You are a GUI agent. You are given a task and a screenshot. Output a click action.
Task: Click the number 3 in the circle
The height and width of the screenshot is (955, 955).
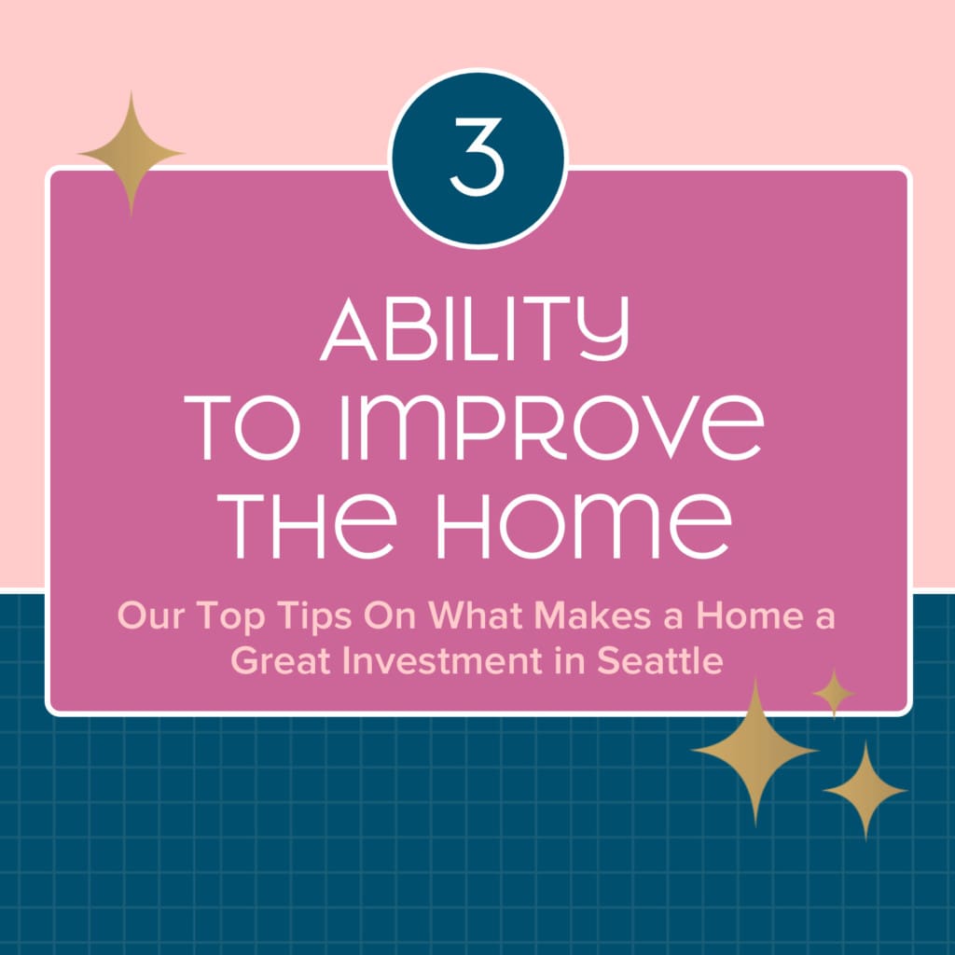tap(477, 157)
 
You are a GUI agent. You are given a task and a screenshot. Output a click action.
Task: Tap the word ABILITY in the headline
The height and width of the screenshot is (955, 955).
tap(475, 329)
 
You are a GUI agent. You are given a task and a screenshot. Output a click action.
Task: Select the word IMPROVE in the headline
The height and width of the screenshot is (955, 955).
tap(551, 427)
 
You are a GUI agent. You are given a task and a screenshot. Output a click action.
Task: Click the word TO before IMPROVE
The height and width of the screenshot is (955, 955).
tap(242, 427)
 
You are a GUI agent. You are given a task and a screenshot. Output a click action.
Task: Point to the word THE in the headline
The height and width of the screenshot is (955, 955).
tap(307, 526)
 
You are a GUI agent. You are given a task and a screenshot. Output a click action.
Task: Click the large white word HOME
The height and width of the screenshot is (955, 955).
tap(585, 526)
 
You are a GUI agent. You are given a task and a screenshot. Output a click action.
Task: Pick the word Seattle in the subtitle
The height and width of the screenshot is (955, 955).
tap(659, 661)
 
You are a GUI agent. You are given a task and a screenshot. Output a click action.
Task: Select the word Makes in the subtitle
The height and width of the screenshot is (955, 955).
tap(592, 616)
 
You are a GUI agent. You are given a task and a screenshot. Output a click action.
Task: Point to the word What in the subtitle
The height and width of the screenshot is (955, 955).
tap(475, 616)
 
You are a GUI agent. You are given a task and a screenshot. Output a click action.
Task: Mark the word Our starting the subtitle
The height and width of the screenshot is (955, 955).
tap(151, 616)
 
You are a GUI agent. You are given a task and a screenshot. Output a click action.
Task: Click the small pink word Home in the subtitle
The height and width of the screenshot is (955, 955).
tap(750, 616)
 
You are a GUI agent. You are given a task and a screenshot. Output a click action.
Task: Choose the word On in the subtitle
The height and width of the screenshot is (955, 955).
tap(390, 616)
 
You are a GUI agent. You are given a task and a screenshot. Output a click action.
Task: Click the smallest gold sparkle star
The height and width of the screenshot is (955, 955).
tap(834, 693)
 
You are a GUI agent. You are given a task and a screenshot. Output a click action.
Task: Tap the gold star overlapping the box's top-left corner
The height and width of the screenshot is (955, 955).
tap(131, 154)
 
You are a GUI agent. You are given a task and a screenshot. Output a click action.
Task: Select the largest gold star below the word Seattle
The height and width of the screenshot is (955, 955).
tap(755, 752)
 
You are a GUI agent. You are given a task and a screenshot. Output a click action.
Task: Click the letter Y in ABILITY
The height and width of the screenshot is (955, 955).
tap(603, 329)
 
